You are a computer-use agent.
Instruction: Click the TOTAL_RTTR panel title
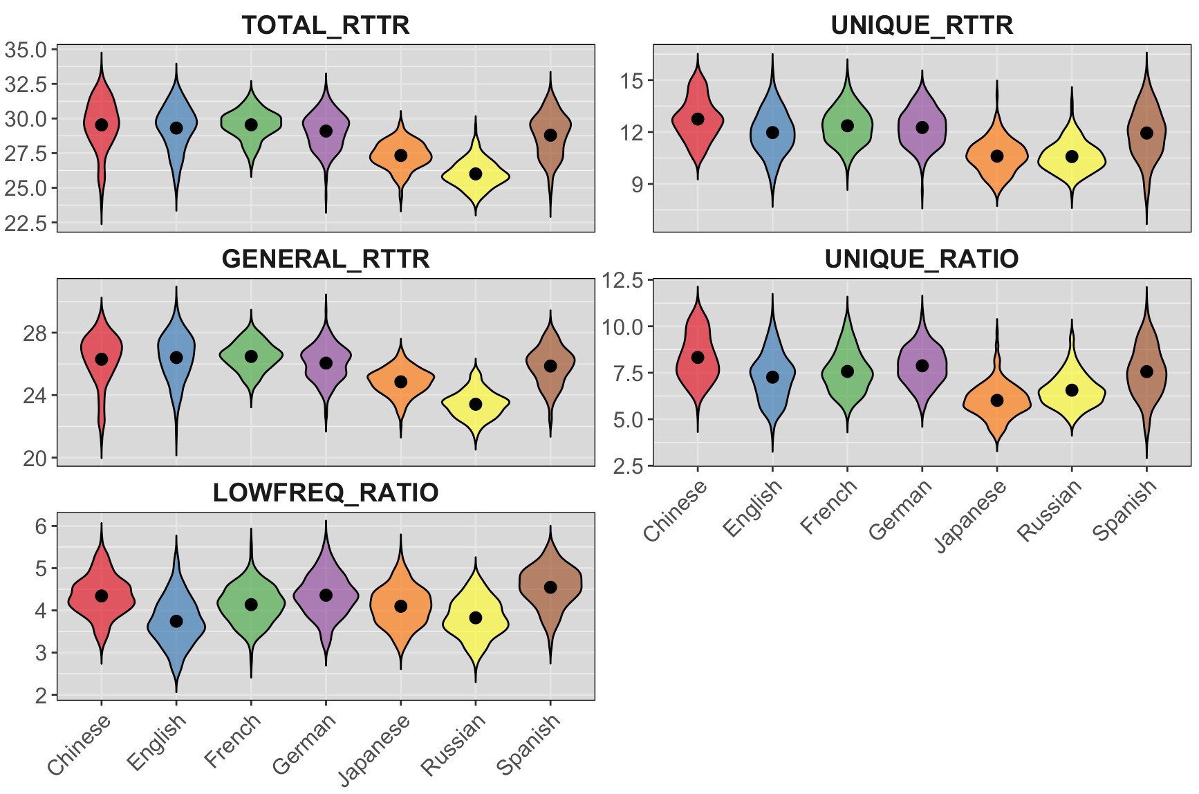tap(326, 25)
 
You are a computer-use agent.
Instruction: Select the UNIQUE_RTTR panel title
tap(922, 25)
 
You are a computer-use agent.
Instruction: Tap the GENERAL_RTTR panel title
tap(326, 259)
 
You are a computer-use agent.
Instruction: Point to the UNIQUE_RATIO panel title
tap(922, 259)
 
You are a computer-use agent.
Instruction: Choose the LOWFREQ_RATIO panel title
tap(326, 492)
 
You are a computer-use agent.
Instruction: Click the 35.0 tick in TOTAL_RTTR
tap(26, 50)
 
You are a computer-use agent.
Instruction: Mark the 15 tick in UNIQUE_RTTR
tap(632, 81)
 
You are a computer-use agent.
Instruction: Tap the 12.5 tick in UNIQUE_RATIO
tap(622, 280)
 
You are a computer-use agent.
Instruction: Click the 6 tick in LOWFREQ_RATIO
tap(41, 526)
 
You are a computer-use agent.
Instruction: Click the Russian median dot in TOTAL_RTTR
tap(476, 174)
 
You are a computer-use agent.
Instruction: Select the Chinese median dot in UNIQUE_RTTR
tap(698, 119)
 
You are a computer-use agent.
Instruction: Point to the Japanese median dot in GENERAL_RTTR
tap(401, 382)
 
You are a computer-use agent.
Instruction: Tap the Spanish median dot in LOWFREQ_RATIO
tap(550, 587)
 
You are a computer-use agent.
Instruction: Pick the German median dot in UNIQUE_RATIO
tap(922, 365)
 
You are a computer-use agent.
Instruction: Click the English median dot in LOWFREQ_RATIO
tap(176, 621)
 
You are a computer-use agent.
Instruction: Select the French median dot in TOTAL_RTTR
tap(251, 124)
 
